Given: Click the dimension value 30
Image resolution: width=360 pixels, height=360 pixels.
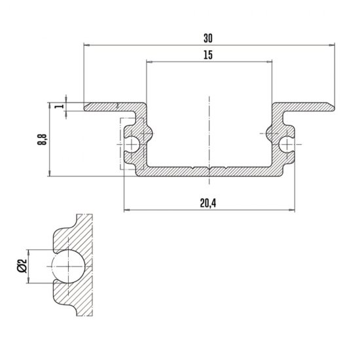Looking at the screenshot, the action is (208, 39).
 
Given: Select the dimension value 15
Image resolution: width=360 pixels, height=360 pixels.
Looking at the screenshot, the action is (208, 55).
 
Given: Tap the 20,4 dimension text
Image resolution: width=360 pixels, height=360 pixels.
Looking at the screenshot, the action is (208, 203).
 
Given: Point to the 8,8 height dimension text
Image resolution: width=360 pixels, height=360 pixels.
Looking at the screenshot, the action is (42, 139).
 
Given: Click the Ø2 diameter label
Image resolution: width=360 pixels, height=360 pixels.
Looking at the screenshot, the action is (22, 266).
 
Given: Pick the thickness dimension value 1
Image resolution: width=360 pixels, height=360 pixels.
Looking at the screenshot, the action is (60, 106).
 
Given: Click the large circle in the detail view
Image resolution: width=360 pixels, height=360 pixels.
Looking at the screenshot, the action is (69, 266).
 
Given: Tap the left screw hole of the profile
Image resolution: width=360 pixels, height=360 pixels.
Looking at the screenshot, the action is (132, 145).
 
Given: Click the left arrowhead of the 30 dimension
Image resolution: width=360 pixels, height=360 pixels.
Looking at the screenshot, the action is (86, 45).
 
